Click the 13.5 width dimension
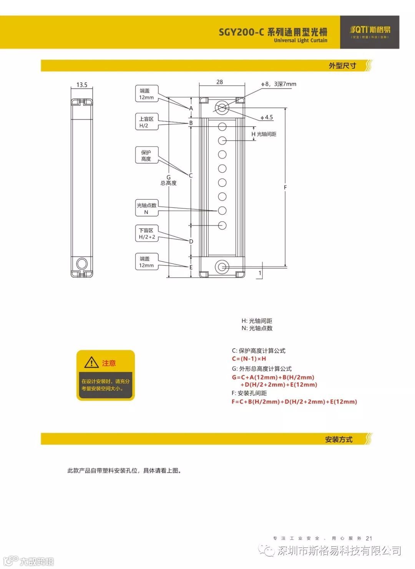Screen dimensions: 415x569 (x=82, y=85)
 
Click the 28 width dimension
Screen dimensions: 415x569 (x=219, y=82)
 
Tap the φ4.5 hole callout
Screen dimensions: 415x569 (x=267, y=117)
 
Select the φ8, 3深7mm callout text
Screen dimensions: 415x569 (x=279, y=84)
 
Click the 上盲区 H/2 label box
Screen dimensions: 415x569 (x=146, y=122)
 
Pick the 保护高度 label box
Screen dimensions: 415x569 (x=146, y=155)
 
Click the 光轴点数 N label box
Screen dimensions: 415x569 (x=146, y=209)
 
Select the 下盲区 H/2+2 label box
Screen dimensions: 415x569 (x=147, y=234)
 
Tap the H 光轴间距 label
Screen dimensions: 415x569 (x=264, y=134)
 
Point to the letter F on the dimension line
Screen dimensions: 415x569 (x=285, y=188)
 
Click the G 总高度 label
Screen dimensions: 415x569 (x=169, y=180)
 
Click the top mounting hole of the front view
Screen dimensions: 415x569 (x=222, y=108)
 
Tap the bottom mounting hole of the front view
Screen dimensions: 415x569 (x=222, y=267)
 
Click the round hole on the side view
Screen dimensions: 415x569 (x=82, y=264)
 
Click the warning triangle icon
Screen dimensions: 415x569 (x=91, y=362)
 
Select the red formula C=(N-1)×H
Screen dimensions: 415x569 (x=249, y=359)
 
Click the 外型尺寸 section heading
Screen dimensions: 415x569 (x=342, y=66)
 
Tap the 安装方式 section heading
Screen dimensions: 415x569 (x=339, y=439)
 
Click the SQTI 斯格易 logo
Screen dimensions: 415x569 (x=370, y=32)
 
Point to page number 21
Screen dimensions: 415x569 (x=369, y=538)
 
